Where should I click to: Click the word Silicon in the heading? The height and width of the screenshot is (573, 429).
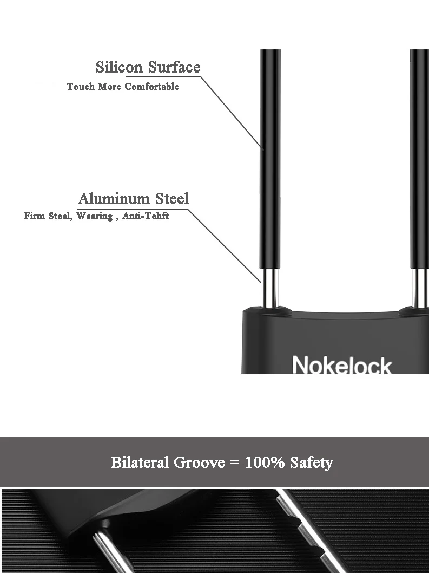(120, 67)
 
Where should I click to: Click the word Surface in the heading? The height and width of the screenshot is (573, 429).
(174, 67)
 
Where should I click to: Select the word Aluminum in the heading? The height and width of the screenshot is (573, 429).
(114, 199)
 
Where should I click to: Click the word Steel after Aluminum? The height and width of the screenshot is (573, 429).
(172, 199)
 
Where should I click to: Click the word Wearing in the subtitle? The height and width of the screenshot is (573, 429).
(94, 216)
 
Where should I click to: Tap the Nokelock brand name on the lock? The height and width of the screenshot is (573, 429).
(341, 365)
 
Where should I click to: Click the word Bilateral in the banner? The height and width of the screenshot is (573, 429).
(140, 463)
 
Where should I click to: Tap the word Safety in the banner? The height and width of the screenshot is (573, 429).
(311, 463)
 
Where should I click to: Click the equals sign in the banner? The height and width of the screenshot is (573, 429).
(234, 463)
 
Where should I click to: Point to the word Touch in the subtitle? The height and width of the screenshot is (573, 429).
(81, 87)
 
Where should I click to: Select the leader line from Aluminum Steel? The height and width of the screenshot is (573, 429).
(225, 244)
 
